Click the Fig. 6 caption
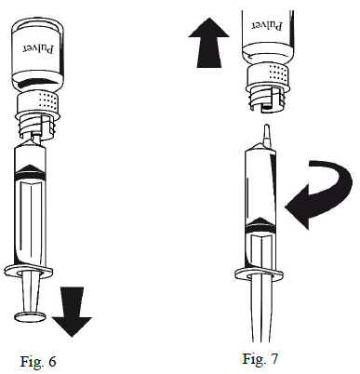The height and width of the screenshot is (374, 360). (38, 362)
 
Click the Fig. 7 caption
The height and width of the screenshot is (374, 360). (260, 358)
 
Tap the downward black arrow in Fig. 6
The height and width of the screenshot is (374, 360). (72, 312)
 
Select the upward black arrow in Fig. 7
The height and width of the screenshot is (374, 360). (209, 43)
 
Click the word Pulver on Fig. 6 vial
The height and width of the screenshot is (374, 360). (38, 48)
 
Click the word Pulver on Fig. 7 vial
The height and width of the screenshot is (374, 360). (267, 25)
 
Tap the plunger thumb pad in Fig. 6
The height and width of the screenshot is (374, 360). (31, 316)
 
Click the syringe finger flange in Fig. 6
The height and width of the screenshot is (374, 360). (29, 271)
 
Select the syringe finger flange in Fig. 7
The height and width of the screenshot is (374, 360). (260, 274)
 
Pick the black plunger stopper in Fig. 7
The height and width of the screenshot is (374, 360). (260, 225)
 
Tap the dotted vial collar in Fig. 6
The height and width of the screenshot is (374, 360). (39, 101)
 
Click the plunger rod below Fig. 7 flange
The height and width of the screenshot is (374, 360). (261, 309)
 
